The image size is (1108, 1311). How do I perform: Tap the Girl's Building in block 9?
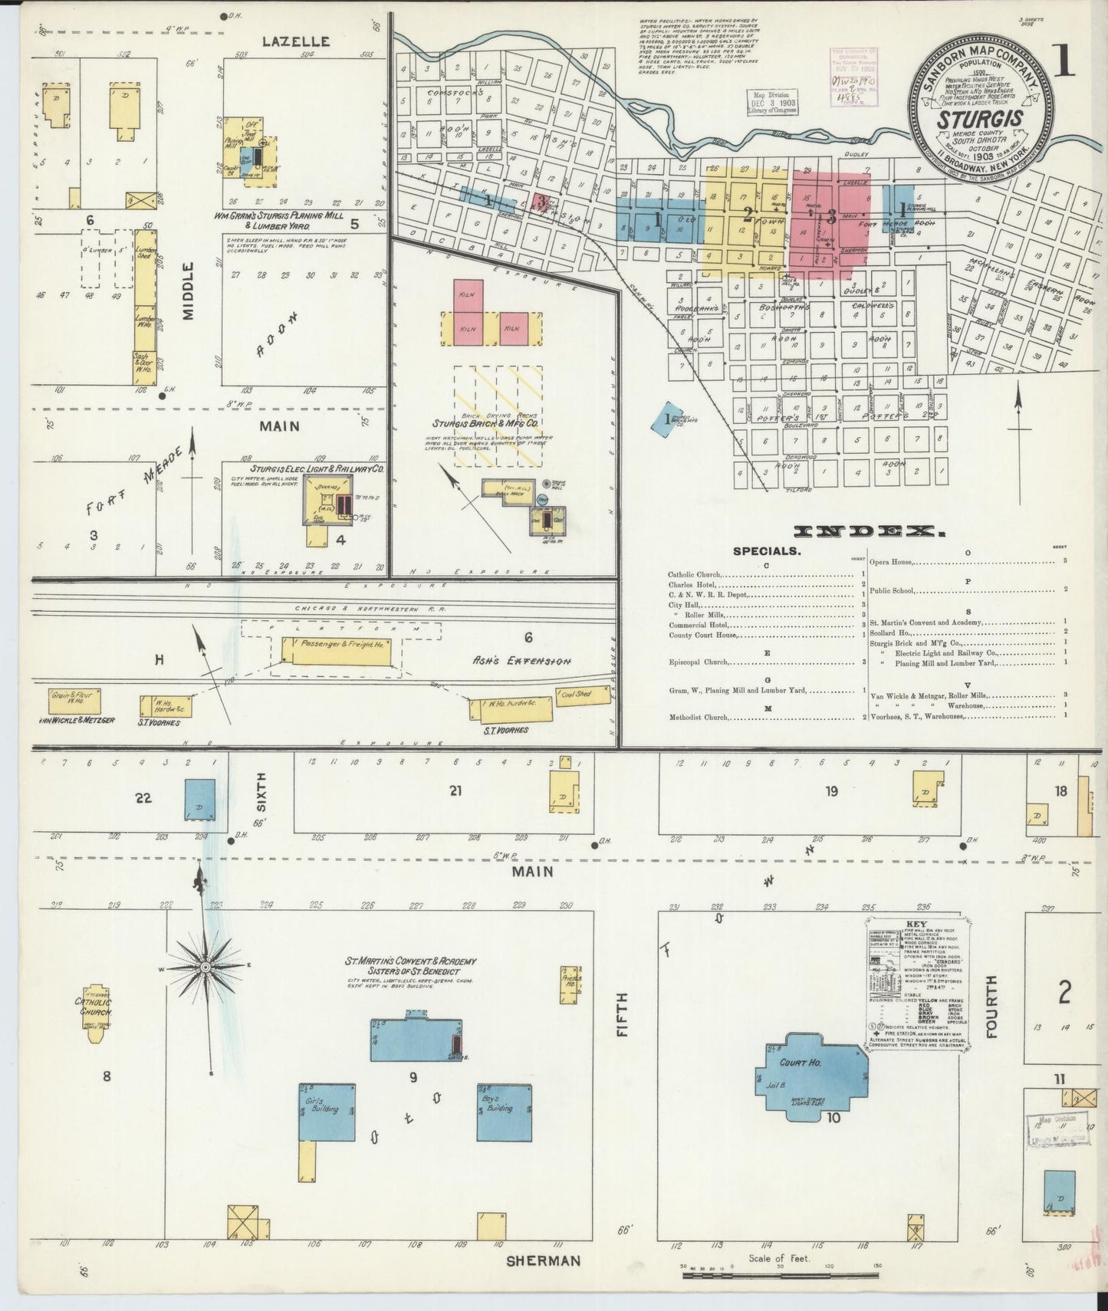pos(326,1112)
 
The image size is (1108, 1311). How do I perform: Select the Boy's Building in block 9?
pos(505,1112)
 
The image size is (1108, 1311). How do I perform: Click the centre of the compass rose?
pos(205,968)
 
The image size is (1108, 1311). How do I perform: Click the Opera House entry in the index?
pos(891,562)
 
